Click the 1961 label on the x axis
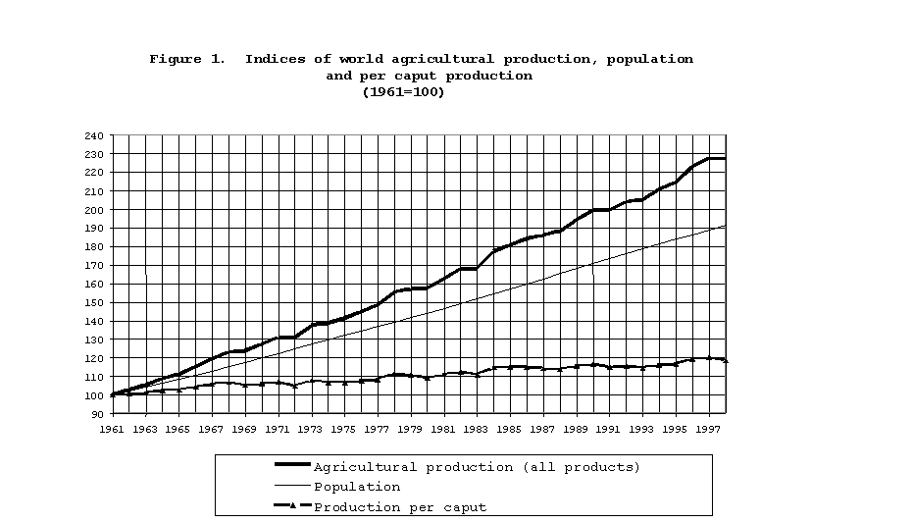(x=112, y=429)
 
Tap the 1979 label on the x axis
(x=412, y=429)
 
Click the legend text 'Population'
(x=357, y=487)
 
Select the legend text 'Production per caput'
(x=400, y=507)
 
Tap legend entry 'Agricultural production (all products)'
(x=477, y=467)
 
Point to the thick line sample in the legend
(x=292, y=465)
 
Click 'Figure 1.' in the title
(x=188, y=59)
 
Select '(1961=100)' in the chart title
(x=404, y=92)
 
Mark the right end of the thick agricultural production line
(x=725, y=158)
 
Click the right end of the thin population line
(x=725, y=226)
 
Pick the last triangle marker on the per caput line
(x=725, y=360)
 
